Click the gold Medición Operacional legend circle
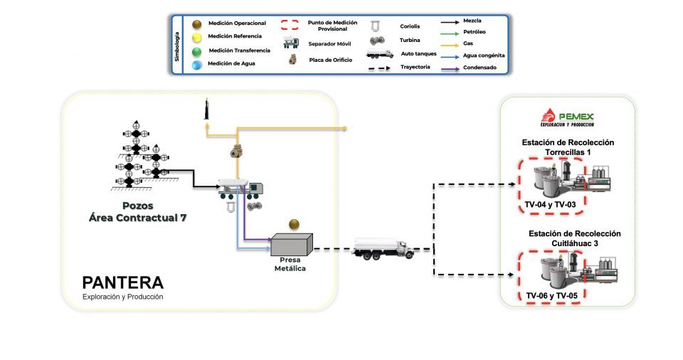point(197,23)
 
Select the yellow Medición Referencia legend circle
point(197,38)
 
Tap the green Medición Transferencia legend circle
point(197,52)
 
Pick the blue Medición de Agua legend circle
point(197,65)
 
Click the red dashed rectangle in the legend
point(290,24)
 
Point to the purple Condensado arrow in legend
point(450,69)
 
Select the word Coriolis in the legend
point(410,26)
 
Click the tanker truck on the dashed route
point(383,249)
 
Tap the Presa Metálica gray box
point(292,245)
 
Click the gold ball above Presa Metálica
point(294,224)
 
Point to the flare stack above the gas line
point(206,109)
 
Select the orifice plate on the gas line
point(237,151)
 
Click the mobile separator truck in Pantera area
point(240,189)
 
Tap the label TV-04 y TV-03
point(550,204)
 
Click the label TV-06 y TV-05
point(551,295)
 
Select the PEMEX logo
point(567,117)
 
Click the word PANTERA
point(123,283)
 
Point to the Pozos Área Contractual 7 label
point(137,212)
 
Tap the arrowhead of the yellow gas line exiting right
point(344,128)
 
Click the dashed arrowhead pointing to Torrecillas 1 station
point(513,184)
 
